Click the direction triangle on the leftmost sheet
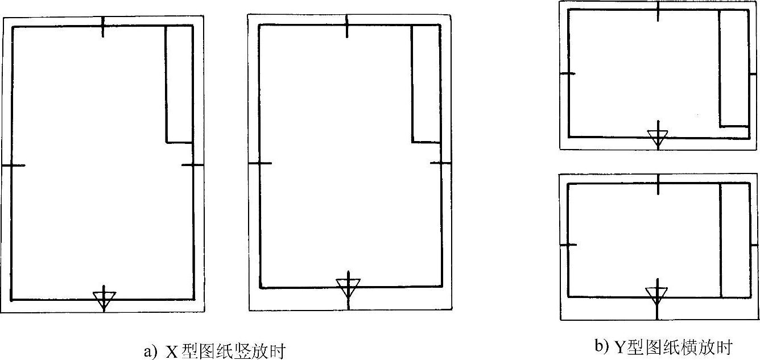click(104, 298)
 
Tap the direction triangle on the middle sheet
click(348, 286)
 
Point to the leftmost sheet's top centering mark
click(103, 27)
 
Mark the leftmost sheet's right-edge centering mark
click(193, 165)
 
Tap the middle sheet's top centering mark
click(347, 26)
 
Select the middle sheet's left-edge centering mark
click(260, 164)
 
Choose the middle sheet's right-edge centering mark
click(440, 164)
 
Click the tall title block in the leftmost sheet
click(179, 84)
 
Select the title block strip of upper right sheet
click(733, 68)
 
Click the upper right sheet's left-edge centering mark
click(568, 73)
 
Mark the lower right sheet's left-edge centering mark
click(569, 245)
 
